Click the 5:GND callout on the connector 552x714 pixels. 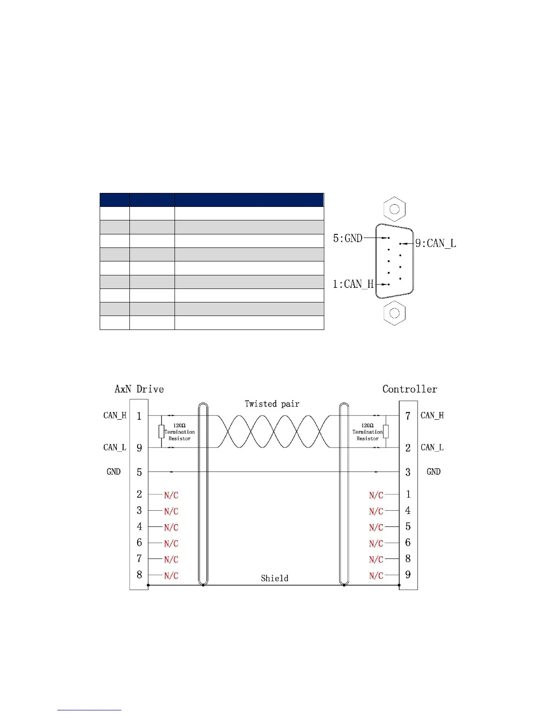[348, 238]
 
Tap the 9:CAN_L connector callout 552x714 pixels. [436, 243]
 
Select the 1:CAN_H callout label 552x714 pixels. [353, 284]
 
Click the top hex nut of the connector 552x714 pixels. [394, 209]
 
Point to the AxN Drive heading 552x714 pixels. [139, 389]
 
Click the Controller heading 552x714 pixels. [409, 389]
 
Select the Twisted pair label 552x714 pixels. [272, 404]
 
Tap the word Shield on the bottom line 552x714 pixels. [274, 578]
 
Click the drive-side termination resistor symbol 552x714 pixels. [161, 431]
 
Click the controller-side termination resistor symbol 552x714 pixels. [386, 431]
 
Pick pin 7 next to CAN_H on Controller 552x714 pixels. [408, 416]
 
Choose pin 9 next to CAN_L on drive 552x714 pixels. [139, 448]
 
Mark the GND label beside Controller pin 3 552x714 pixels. [433, 472]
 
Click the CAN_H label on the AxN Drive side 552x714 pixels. [115, 416]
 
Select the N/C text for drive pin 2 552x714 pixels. [171, 495]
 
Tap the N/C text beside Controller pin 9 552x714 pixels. [376, 576]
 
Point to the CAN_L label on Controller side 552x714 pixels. [432, 448]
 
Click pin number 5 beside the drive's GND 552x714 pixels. [139, 472]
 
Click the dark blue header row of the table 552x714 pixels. [212, 200]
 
